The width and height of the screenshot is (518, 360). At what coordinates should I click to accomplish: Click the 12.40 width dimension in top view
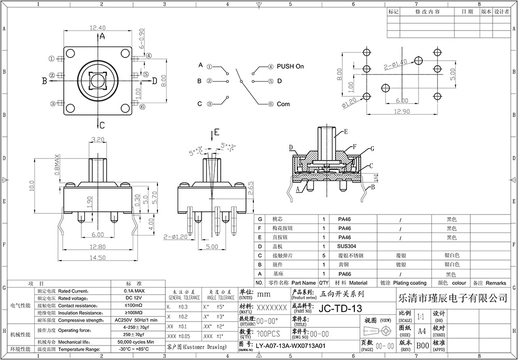pos(98,28)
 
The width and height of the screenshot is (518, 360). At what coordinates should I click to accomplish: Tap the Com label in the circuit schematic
pos(283,104)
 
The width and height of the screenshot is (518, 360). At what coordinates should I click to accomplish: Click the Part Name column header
pos(303,283)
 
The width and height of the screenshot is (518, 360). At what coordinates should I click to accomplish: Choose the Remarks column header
pos(496,283)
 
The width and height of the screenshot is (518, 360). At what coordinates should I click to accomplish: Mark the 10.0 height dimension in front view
pos(31,185)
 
